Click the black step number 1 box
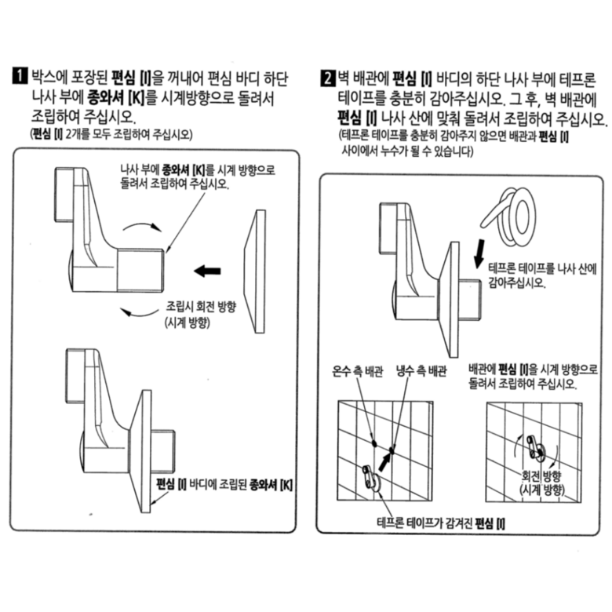pyautogui.click(x=20, y=76)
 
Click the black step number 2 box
pyautogui.click(x=328, y=78)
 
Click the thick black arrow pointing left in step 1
pyautogui.click(x=207, y=271)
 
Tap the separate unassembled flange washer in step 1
pyautogui.click(x=255, y=271)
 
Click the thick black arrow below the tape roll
pyautogui.click(x=479, y=253)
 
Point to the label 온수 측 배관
pyautogui.click(x=358, y=371)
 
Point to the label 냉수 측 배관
pyautogui.click(x=421, y=371)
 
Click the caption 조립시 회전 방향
pyautogui.click(x=202, y=306)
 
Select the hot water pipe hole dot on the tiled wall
pyautogui.click(x=374, y=443)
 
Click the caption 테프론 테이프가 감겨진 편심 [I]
pyautogui.click(x=441, y=523)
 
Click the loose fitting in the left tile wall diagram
pyautogui.click(x=371, y=478)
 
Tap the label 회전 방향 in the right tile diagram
pyautogui.click(x=541, y=475)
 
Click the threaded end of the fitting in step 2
pyautogui.click(x=469, y=299)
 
